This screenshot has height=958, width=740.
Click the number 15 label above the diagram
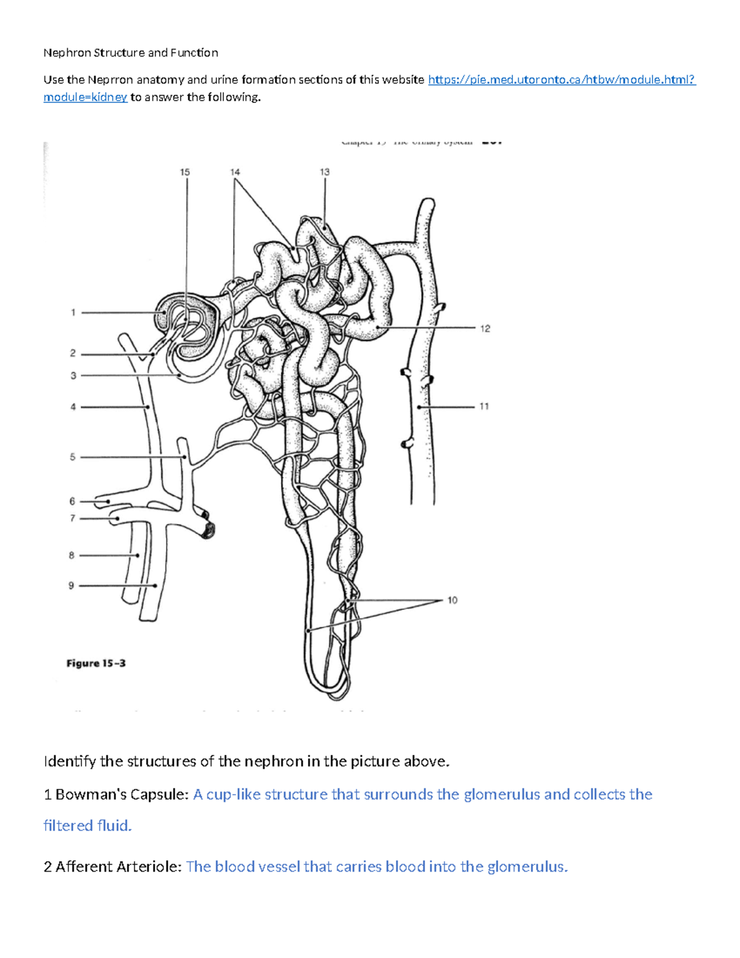[185, 172]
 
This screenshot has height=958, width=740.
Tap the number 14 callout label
[235, 172]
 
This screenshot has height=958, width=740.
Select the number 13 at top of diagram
[324, 172]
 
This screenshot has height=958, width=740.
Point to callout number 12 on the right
[485, 329]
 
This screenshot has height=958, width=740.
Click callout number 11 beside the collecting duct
[484, 407]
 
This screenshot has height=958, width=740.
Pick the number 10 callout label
[453, 600]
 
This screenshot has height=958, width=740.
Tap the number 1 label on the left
[73, 313]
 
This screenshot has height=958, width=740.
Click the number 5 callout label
[73, 457]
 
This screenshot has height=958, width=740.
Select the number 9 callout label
[72, 585]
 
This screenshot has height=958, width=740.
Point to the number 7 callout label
[72, 518]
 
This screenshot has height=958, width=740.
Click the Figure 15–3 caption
[96, 663]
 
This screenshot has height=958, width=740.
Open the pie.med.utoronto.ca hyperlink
[561, 80]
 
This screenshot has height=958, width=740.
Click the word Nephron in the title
[67, 53]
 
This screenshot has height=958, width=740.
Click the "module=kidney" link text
[85, 97]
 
